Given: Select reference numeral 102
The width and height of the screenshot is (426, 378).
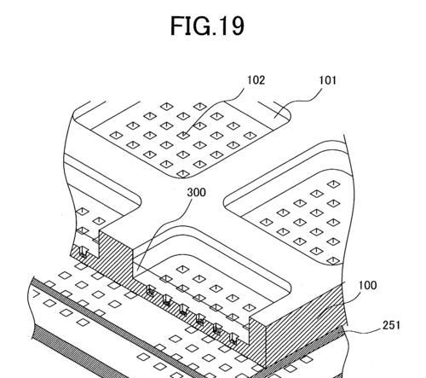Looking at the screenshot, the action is (256, 80).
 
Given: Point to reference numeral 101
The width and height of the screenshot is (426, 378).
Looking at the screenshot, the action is (327, 80).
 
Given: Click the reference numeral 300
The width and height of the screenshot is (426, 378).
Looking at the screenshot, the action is (196, 193).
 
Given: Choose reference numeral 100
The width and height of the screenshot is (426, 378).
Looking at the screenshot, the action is (368, 285).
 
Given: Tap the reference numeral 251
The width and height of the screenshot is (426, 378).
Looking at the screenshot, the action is (391, 325).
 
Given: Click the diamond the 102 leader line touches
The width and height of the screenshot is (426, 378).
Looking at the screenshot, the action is (183, 135).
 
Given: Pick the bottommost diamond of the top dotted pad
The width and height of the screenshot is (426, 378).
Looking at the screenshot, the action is (183, 174).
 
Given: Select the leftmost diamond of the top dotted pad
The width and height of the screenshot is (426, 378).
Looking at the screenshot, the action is (117, 135).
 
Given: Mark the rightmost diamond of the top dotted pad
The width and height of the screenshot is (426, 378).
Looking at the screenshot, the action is (250, 136).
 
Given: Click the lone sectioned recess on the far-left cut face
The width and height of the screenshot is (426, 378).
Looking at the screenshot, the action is (83, 252).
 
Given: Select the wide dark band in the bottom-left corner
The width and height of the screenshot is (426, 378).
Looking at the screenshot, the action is (71, 352).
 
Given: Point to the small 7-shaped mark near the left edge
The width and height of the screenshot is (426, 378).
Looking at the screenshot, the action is (36, 294).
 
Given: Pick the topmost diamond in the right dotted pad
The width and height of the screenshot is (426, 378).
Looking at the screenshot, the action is (333, 183).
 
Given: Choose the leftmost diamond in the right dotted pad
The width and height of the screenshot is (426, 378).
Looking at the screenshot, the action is (267, 222).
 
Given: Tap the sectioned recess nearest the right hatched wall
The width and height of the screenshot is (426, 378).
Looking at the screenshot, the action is (233, 339).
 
